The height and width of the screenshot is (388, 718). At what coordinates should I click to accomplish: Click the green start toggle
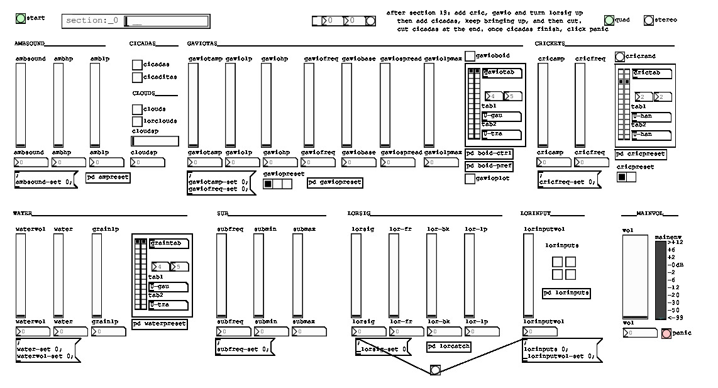pos(21,18)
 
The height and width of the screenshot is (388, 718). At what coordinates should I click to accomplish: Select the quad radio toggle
pos(609,20)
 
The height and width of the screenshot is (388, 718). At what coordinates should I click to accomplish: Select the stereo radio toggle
pos(649,20)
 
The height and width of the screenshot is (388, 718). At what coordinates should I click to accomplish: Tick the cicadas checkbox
pos(137,65)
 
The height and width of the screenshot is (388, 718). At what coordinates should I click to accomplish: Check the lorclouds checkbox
pos(137,121)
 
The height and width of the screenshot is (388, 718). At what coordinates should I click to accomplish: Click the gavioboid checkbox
pos(470,56)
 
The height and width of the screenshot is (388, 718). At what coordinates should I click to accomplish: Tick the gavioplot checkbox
pos(470,179)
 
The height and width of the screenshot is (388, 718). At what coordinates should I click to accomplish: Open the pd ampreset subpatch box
pos(108,177)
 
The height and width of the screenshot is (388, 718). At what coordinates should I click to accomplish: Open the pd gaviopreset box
pos(334,182)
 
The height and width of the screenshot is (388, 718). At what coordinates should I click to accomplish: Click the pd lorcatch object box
pos(448,346)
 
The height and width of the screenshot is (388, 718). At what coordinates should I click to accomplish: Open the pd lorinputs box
pos(566,293)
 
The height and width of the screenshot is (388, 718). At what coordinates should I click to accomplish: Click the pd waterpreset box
pos(160,324)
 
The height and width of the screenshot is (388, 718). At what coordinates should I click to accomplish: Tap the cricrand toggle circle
pos(620,57)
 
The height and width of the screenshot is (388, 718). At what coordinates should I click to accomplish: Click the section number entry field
pos(166,21)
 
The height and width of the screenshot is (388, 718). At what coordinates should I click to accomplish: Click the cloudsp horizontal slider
pos(155,141)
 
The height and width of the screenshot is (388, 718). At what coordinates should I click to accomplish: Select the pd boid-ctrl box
pos(489,153)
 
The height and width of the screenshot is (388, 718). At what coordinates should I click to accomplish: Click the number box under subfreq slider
pos(233,331)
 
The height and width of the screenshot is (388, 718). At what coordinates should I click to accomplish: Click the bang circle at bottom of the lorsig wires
pos(435,370)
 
